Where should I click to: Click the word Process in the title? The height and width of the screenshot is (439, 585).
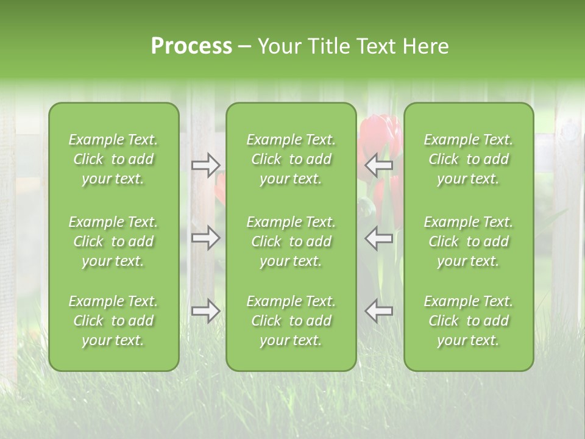pos(191,46)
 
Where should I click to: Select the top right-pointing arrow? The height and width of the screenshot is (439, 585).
pos(206,165)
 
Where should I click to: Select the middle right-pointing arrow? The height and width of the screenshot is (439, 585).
pos(206,237)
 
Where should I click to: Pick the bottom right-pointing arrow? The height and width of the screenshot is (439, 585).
pos(206,310)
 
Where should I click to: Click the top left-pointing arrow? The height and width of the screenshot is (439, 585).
pos(379,165)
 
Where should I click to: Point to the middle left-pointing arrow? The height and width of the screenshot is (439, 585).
pos(379,237)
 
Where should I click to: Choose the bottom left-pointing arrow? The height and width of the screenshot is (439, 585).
pos(379,310)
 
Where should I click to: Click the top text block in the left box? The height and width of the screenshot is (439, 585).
pos(113,159)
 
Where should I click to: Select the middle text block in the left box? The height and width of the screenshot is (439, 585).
pos(113,241)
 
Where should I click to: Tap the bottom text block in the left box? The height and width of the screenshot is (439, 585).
pos(113,321)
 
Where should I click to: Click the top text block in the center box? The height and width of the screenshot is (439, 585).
pos(291,159)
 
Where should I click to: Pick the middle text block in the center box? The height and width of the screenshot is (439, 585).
pos(291,241)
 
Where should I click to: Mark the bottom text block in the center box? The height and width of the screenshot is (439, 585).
pos(291,321)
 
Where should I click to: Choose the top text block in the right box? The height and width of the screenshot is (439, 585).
pos(468,159)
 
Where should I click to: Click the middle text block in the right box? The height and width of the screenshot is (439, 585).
pos(468,241)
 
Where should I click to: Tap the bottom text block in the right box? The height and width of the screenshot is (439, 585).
pos(468,321)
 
